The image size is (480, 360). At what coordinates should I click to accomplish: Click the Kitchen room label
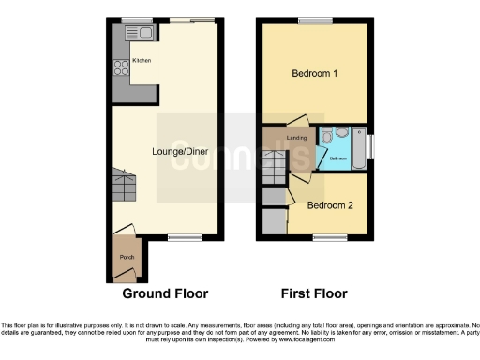tap(142, 61)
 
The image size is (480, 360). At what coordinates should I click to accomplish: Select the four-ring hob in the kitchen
tap(121, 67)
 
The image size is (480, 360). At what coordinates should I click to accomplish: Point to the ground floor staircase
tap(124, 187)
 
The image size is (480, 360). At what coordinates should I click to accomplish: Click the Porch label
tap(122, 257)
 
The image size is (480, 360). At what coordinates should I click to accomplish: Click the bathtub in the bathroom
tap(359, 147)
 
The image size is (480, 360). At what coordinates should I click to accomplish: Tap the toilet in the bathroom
tap(327, 137)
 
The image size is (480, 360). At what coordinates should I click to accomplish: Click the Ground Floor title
tap(165, 292)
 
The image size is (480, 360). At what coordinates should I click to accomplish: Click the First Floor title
tap(315, 292)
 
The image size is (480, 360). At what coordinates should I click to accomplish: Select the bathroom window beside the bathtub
tap(372, 146)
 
